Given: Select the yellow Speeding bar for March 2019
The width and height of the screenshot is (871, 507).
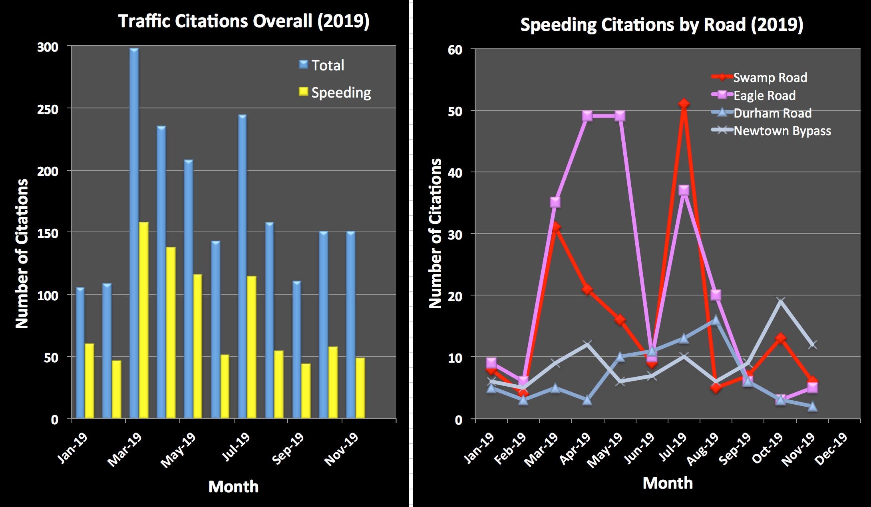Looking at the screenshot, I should pos(143,320).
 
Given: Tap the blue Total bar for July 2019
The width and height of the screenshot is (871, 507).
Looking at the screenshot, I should pos(242,266).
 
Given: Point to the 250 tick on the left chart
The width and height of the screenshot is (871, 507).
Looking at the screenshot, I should pos(48,109).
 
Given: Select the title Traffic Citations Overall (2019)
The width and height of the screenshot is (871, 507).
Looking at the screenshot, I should pos(244,21).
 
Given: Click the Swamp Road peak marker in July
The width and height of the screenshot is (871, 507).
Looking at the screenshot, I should pos(684,104).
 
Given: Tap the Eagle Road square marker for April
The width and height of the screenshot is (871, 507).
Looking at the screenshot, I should pos(587,116).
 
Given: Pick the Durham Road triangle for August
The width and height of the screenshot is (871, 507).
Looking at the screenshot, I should pos(716,320).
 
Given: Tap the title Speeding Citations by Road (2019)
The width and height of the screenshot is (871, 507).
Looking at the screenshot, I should pos(661,25).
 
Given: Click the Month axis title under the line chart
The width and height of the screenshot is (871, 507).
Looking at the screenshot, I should pos(668,483).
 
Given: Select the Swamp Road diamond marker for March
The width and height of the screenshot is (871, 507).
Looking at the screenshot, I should pos(555,228).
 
